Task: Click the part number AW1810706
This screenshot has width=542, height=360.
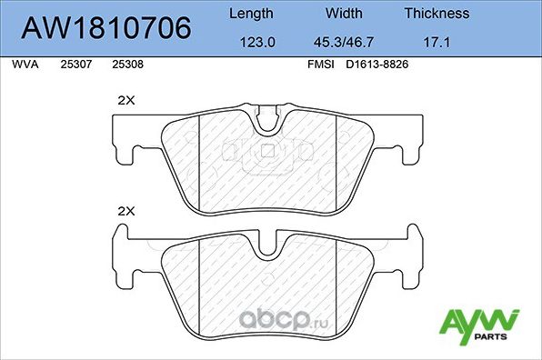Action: [106, 28]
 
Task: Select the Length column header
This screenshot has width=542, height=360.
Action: [250, 14]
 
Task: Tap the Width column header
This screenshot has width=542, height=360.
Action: [345, 14]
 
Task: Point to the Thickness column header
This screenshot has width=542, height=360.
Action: [437, 14]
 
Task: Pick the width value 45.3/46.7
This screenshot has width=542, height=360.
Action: [345, 42]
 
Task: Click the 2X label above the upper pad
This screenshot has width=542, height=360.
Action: [125, 102]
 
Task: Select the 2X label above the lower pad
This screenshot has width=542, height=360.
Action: [125, 211]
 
